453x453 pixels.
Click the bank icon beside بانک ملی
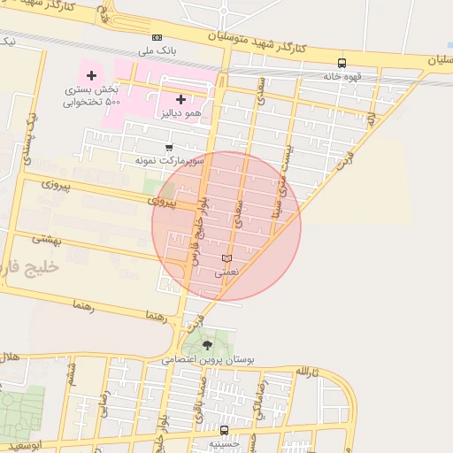pos(157,37)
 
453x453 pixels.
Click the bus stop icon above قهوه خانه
pos(342,63)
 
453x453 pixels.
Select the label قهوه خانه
pos(342,76)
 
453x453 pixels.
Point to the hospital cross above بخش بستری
pos(91,75)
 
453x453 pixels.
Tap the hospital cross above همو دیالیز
pos(181,99)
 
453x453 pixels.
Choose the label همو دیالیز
pos(180,113)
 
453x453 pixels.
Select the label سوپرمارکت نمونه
pos(169,161)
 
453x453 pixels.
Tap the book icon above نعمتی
pos(226,258)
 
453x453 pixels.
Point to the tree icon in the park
pos(207,345)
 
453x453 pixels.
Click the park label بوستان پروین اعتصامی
pos(209,360)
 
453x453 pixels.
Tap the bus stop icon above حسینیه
pos(224,431)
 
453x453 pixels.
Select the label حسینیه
pos(224,443)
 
